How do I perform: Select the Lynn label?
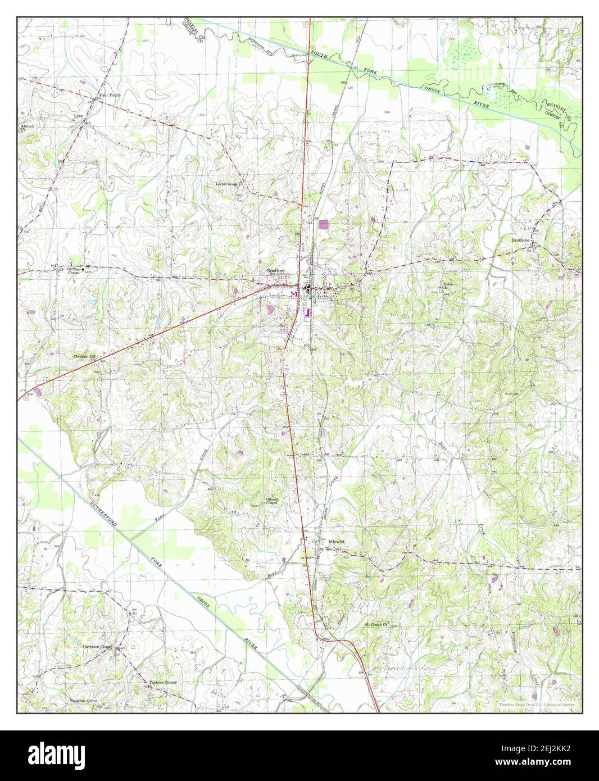click(x=78, y=117)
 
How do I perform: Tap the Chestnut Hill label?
click(x=85, y=356)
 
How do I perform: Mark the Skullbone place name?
click(x=521, y=240)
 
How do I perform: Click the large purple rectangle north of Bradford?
click(x=323, y=225)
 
